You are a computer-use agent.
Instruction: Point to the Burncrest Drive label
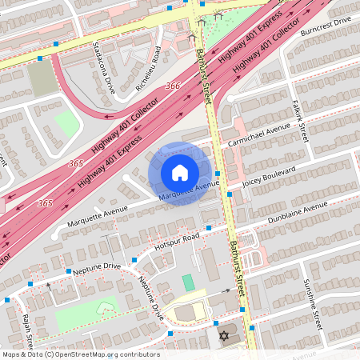click(326, 30)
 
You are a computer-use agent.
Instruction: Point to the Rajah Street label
click(27, 331)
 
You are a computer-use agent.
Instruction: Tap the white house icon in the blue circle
click(179, 173)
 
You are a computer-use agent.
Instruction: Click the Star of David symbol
click(224, 334)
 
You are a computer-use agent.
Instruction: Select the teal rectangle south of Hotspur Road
click(188, 282)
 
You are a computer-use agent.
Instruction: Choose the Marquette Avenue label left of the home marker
click(98, 212)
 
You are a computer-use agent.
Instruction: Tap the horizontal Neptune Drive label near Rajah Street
click(96, 266)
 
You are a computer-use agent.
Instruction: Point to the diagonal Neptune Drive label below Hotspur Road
click(151, 298)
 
